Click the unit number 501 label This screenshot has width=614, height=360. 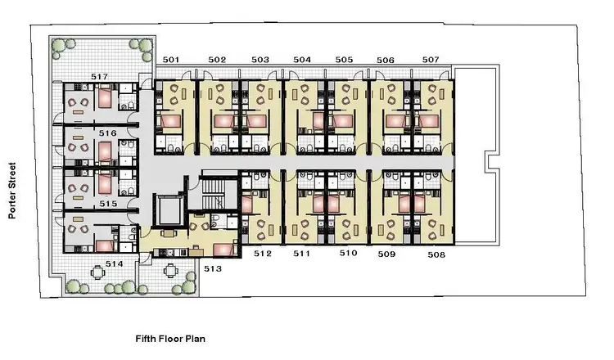pos(171,60)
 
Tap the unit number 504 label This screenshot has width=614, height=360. pos(302,60)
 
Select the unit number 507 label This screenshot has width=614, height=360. pos(431,60)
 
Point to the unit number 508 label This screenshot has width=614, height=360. pos(436,255)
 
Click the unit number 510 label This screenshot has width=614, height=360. pos(349,254)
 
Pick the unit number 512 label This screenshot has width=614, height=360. pos(262,254)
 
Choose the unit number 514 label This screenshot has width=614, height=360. pos(114,264)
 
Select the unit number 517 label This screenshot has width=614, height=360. pos(98,77)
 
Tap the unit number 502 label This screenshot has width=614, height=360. pos(217,60)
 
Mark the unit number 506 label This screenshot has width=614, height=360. pos(386,60)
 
